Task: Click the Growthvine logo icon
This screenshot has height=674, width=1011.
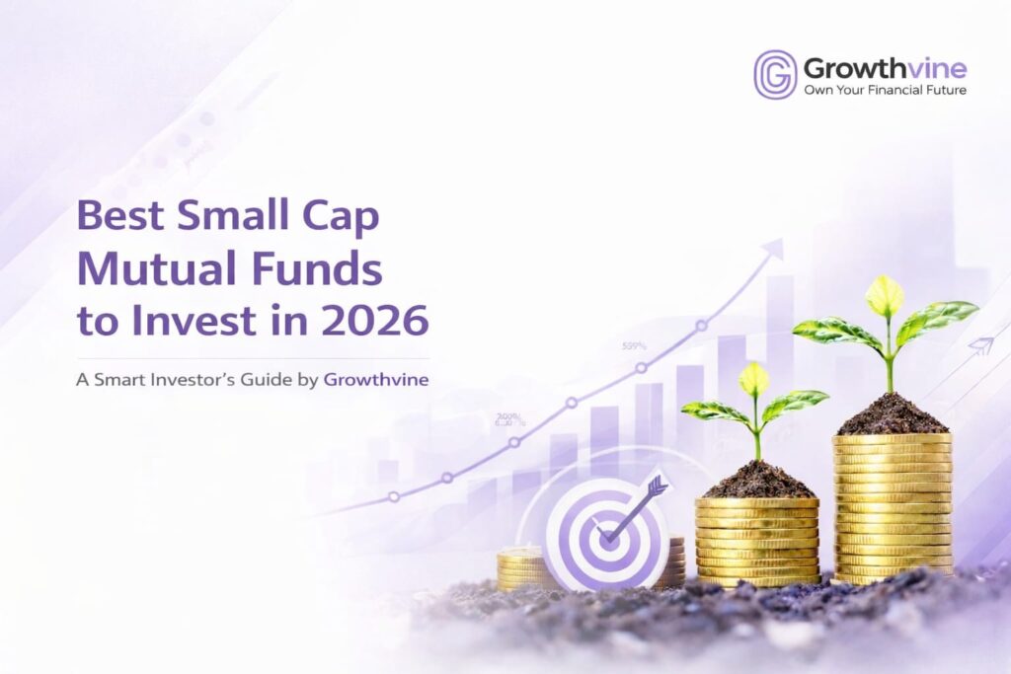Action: (775, 75)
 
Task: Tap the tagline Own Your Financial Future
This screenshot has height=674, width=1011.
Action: (885, 90)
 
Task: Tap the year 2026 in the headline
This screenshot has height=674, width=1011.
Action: (376, 322)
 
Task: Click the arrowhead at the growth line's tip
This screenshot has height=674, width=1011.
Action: (773, 248)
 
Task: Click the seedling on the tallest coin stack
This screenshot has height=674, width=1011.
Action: (886, 326)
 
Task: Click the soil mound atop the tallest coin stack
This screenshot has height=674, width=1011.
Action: (892, 414)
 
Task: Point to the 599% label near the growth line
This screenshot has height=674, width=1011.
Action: (635, 346)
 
